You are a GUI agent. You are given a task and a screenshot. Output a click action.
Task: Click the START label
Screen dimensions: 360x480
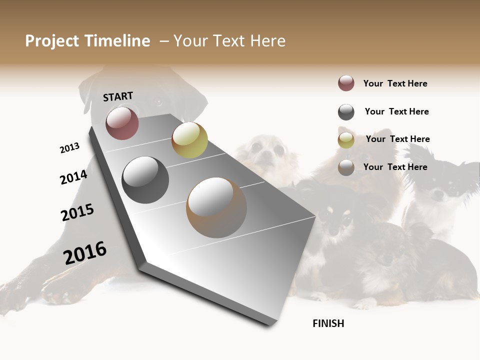(x=118, y=96)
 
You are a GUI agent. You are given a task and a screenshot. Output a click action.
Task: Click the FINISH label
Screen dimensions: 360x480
(x=328, y=323)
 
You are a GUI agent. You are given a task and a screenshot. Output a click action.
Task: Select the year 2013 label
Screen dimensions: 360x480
(x=69, y=148)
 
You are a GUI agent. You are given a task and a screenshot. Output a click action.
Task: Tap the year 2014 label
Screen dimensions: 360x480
(x=73, y=177)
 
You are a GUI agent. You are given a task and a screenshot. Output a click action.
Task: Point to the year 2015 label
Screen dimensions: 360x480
(x=77, y=212)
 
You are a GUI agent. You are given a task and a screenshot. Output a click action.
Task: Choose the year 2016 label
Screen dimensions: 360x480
(x=85, y=253)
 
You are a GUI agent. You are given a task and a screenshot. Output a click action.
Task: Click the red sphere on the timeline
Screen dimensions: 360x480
(x=122, y=123)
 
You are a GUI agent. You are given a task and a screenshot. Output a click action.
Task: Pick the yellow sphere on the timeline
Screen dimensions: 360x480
(x=189, y=140)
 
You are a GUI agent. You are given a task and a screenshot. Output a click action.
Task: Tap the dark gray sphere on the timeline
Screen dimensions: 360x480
(x=145, y=180)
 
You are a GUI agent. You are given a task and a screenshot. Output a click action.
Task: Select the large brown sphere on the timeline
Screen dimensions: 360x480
(x=216, y=207)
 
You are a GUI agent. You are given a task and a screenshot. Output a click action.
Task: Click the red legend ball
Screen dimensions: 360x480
(x=346, y=83)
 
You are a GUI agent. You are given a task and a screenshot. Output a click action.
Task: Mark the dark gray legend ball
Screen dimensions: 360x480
(x=346, y=112)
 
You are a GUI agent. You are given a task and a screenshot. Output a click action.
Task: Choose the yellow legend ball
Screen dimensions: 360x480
(x=346, y=140)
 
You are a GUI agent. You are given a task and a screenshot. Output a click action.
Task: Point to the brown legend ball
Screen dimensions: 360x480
(x=346, y=167)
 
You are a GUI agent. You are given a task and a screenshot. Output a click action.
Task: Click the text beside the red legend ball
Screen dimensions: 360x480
(x=395, y=83)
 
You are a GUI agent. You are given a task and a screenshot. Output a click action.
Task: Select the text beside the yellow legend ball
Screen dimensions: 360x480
(x=397, y=139)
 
